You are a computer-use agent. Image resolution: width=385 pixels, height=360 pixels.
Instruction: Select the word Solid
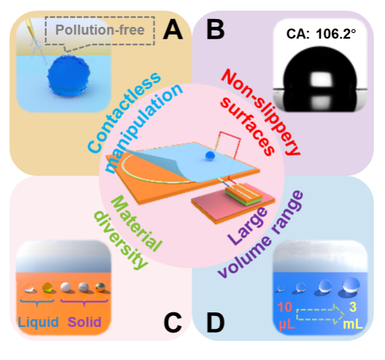point(85,322)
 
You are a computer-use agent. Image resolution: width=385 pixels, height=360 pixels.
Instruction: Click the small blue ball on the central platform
point(210,155)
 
